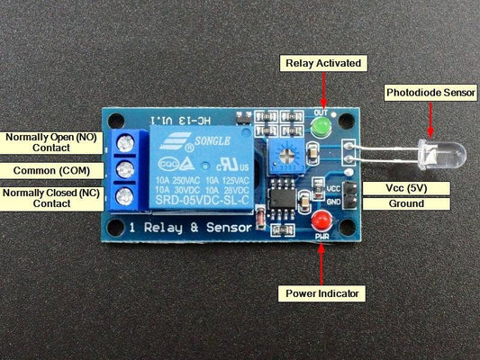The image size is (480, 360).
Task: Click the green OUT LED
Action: click(x=318, y=130)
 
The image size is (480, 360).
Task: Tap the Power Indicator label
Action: click(x=322, y=293)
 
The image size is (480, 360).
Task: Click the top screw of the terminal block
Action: click(x=125, y=142)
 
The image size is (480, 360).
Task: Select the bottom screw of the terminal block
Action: click(x=125, y=195)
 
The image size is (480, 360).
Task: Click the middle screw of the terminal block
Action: click(x=125, y=169)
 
